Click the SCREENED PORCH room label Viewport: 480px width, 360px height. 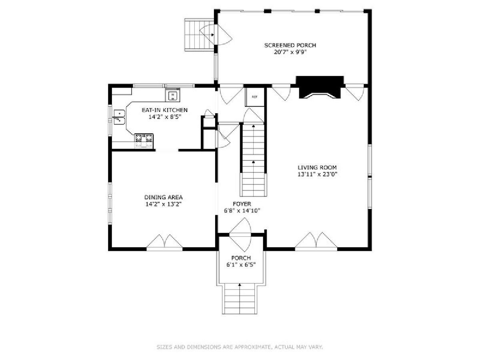pyautogui.click(x=290, y=45)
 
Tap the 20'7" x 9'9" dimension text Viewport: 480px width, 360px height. pyautogui.click(x=290, y=52)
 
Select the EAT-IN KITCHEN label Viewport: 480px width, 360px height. pyautogui.click(x=165, y=110)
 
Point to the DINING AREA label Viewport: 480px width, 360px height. pyautogui.click(x=163, y=197)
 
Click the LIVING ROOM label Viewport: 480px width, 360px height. pyautogui.click(x=317, y=168)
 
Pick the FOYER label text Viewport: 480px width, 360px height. pyautogui.click(x=242, y=204)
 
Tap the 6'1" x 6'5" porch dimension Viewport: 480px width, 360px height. pyautogui.click(x=241, y=265)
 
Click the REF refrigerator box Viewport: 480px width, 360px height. pyautogui.click(x=254, y=97)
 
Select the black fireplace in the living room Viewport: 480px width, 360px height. pyautogui.click(x=320, y=87)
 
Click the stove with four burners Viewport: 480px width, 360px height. pyautogui.click(x=144, y=141)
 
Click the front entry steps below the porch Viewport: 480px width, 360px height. pyautogui.click(x=240, y=299)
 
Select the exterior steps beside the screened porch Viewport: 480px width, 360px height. pyautogui.click(x=199, y=35)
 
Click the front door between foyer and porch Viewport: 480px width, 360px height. pyautogui.click(x=240, y=234)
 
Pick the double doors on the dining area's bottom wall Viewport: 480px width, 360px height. pyautogui.click(x=164, y=242)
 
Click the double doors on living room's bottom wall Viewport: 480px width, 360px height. pyautogui.click(x=316, y=241)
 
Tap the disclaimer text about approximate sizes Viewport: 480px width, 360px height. pyautogui.click(x=240, y=347)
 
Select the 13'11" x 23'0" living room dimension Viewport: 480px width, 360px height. pyautogui.click(x=317, y=174)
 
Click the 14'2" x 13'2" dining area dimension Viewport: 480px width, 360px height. pyautogui.click(x=163, y=204)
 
